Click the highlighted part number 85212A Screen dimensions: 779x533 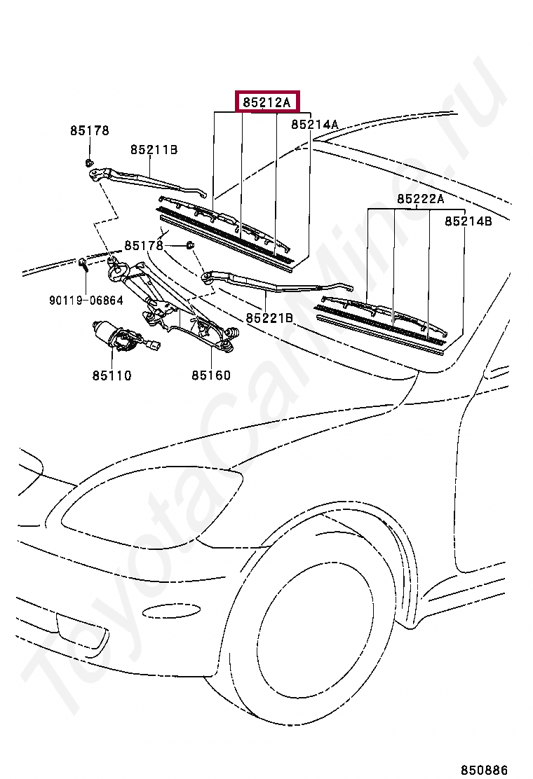pyautogui.click(x=266, y=102)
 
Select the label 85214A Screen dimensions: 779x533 pyautogui.click(x=315, y=125)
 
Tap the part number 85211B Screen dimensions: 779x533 pyautogui.click(x=154, y=150)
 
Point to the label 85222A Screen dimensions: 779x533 pyautogui.click(x=421, y=199)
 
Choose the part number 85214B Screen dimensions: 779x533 pyautogui.click(x=468, y=221)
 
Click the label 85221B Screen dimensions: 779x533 pyautogui.click(x=269, y=318)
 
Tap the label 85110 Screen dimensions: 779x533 pyautogui.click(x=112, y=375)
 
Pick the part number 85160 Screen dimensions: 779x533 pyautogui.click(x=211, y=375)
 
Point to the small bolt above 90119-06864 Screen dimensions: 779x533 pyautogui.click(x=83, y=264)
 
